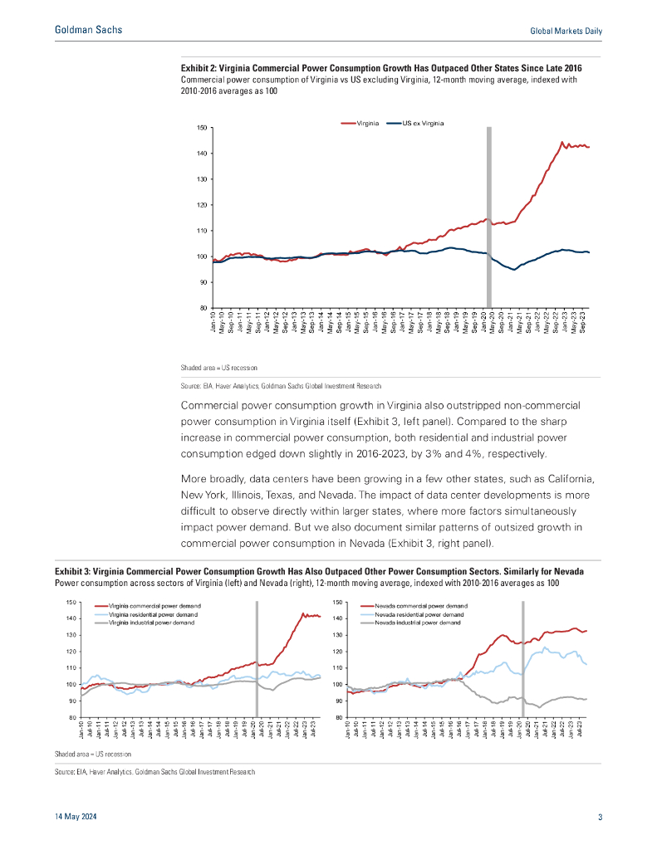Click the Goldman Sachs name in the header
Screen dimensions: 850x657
[88, 30]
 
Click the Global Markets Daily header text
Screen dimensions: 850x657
[566, 31]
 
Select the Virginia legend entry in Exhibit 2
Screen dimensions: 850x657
[366, 123]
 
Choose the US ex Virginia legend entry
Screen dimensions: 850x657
[422, 123]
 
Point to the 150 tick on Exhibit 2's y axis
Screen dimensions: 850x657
[202, 128]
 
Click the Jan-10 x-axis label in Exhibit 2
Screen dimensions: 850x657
[215, 321]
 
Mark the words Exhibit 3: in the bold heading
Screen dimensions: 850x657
[73, 573]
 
